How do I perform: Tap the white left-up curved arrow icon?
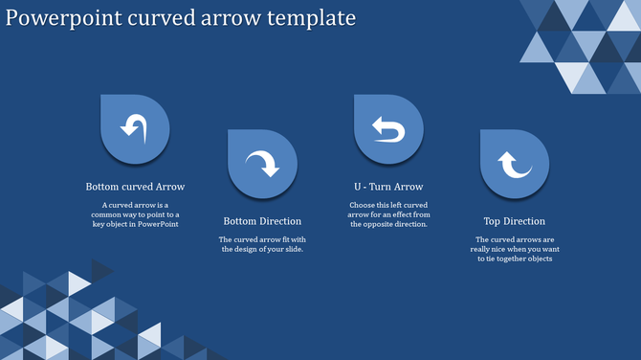(134, 126)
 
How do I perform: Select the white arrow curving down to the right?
(261, 164)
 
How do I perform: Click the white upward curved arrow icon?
(515, 165)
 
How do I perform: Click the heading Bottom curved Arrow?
(135, 187)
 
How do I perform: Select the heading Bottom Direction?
(262, 221)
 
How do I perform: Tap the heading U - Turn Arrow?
(388, 187)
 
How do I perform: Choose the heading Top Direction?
(515, 221)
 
